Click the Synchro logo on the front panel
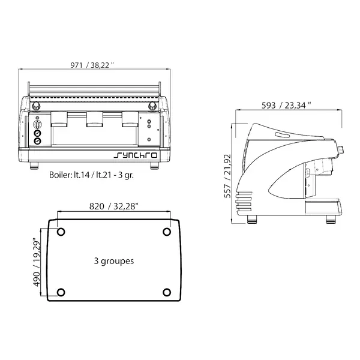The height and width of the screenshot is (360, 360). tap(136, 155)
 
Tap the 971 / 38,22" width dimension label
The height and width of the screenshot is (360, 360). tap(92, 65)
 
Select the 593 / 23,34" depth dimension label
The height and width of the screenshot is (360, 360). tap(286, 106)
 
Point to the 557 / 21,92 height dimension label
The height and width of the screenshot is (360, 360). tap(227, 176)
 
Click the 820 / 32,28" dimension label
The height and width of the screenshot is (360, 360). tap(114, 206)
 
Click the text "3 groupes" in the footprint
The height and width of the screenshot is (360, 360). tap(114, 261)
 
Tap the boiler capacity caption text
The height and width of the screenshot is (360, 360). tap(91, 175)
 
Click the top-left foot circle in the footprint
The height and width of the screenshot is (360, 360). tap(61, 232)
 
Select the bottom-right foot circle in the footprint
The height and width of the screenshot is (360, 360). tap(167, 293)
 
